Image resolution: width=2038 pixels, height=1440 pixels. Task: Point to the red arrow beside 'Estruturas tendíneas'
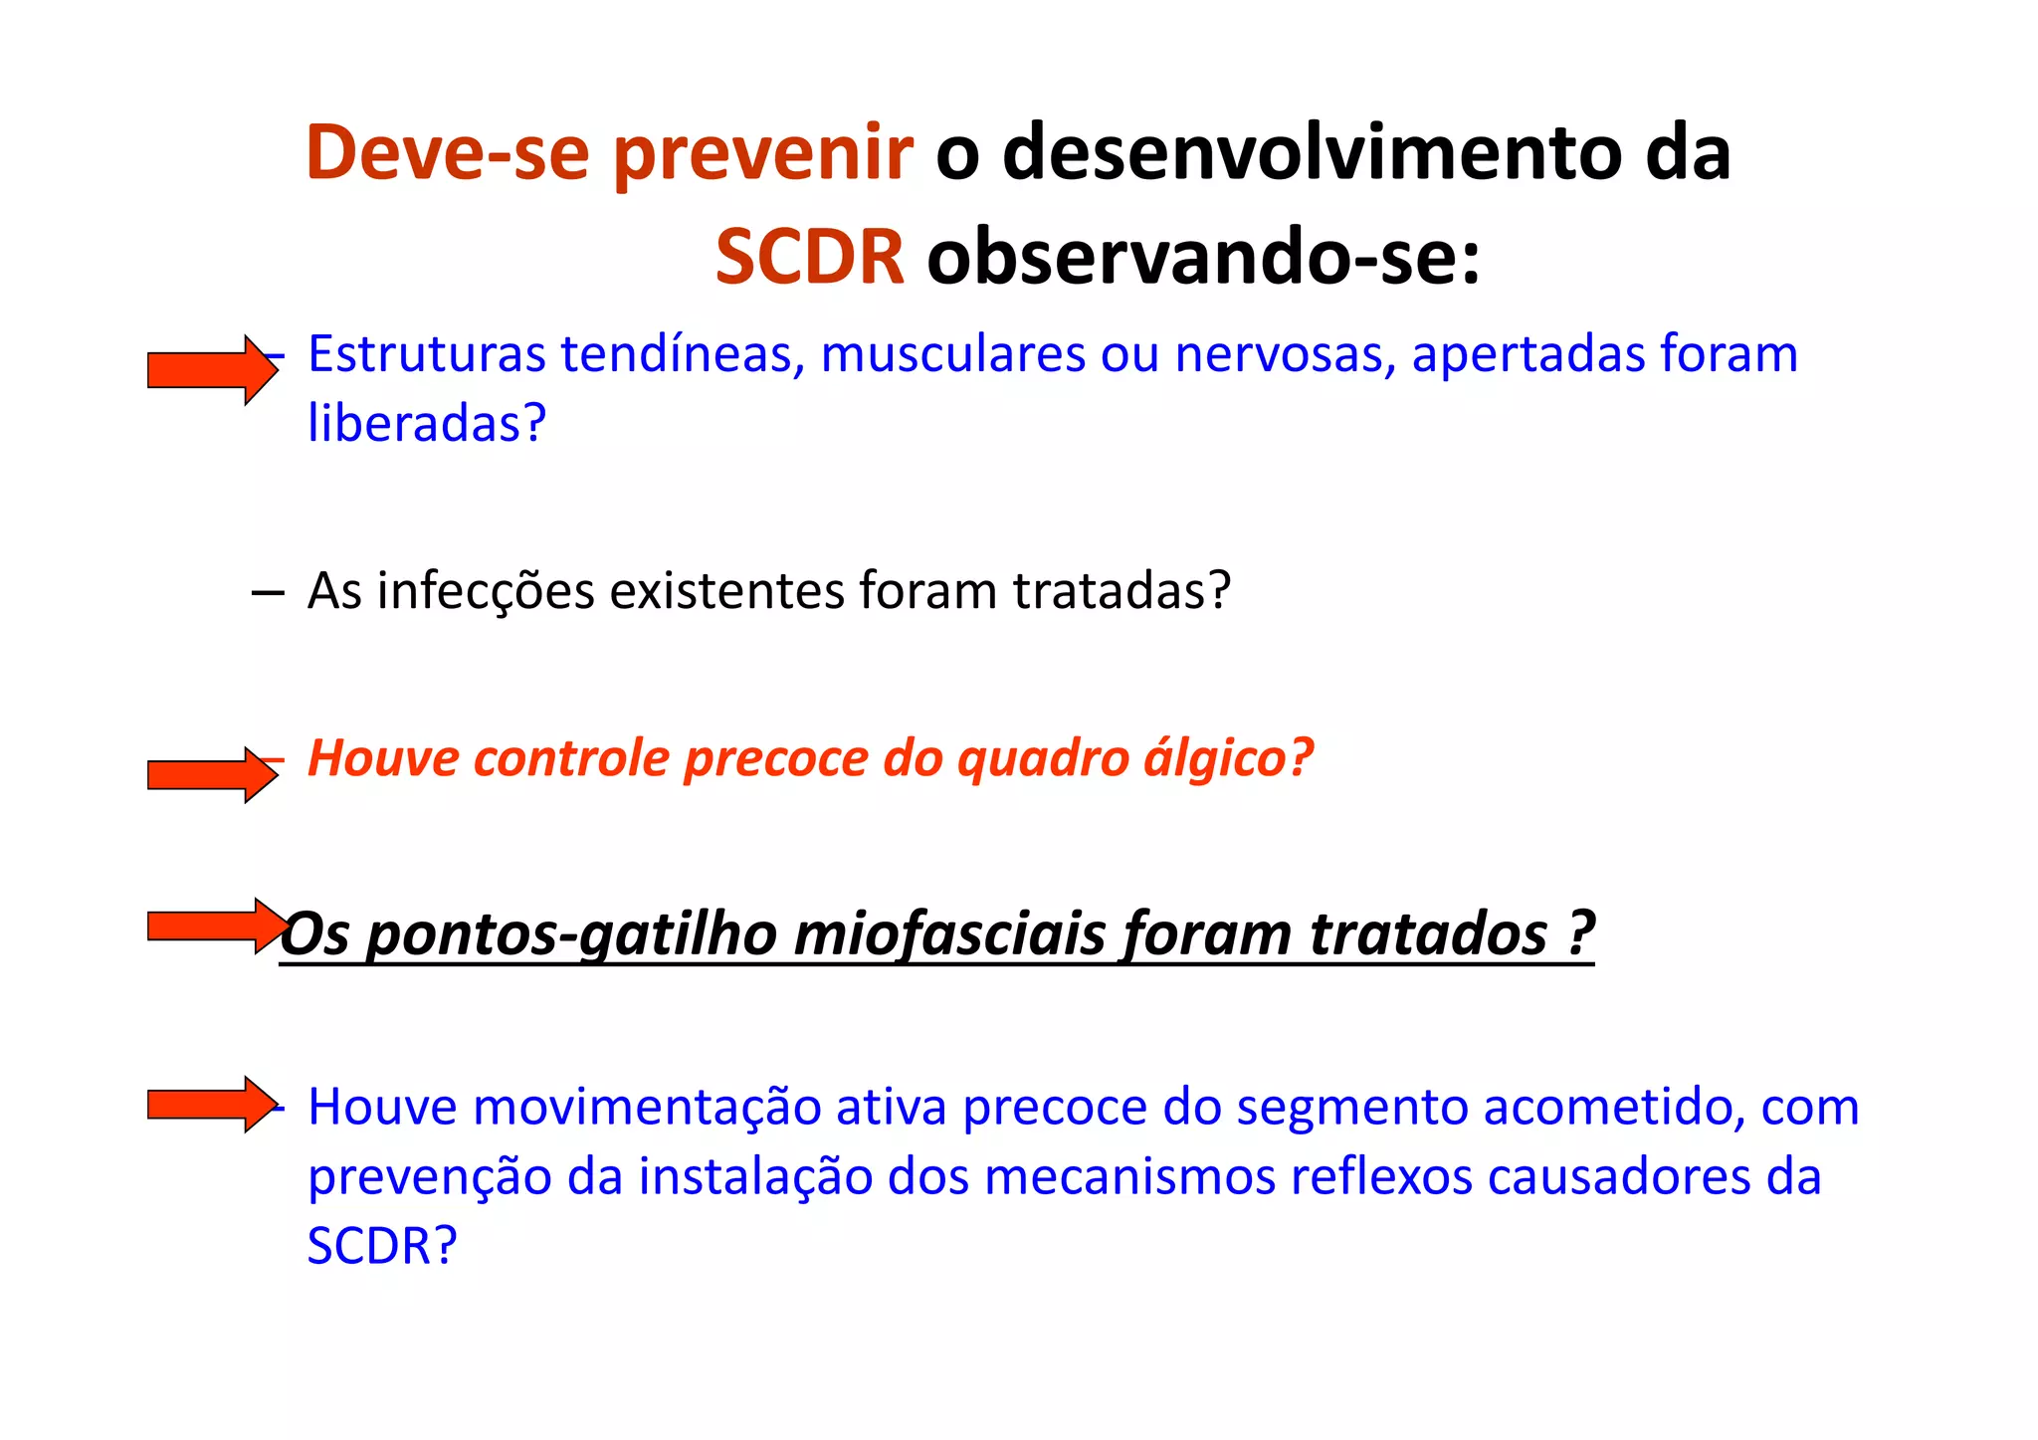pos(212,370)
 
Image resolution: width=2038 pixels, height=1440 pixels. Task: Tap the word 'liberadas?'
pos(427,424)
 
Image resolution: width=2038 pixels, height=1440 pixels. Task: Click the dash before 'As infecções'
pos(267,594)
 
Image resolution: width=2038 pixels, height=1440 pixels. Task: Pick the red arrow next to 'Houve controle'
pos(212,774)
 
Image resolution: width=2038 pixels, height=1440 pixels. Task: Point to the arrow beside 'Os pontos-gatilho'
pos(214,926)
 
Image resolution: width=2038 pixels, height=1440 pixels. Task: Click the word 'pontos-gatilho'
pos(571,935)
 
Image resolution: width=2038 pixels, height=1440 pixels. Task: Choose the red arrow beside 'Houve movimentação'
pos(212,1104)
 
